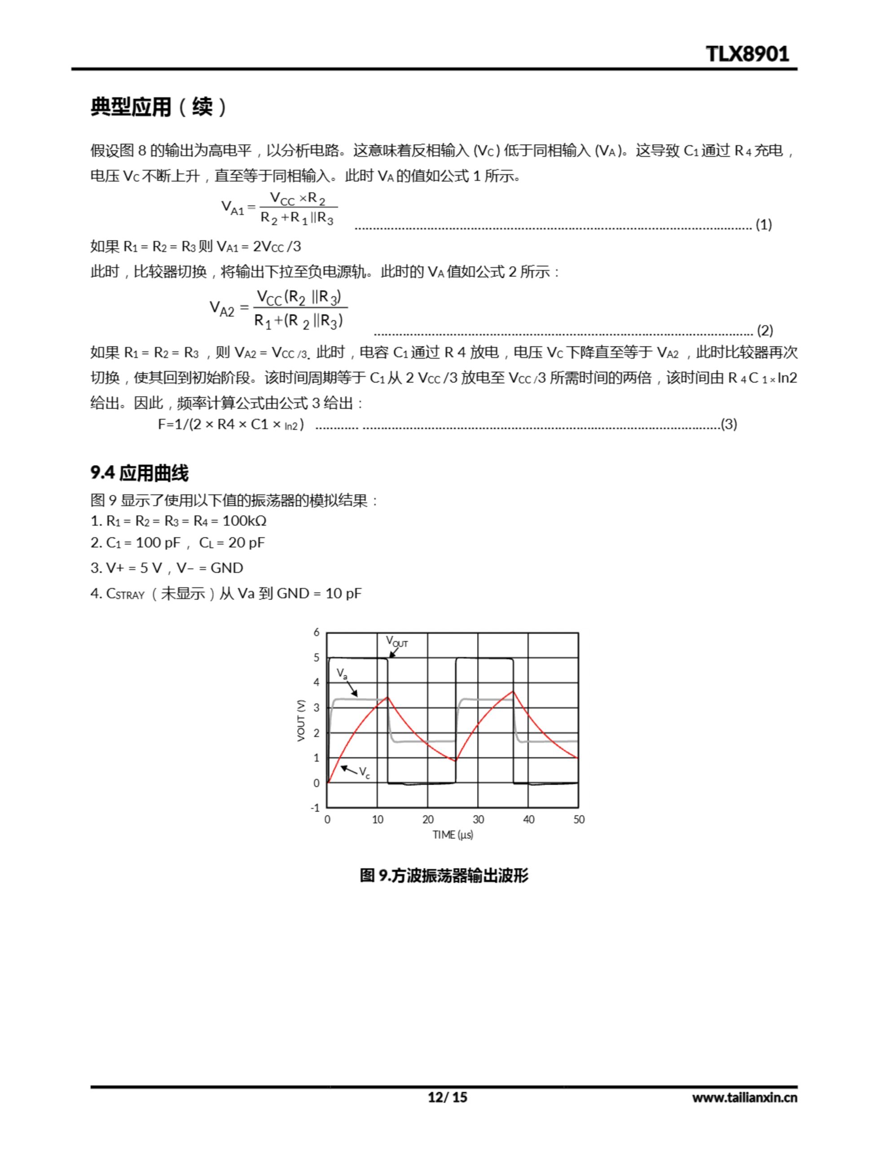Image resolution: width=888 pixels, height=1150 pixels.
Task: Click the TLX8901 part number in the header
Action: [747, 54]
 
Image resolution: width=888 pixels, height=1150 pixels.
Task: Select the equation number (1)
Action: [763, 225]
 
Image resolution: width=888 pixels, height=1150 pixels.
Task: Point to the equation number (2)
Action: [764, 331]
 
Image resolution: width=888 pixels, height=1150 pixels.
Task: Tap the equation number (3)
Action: [729, 425]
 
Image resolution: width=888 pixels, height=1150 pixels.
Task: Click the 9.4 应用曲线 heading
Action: [140, 473]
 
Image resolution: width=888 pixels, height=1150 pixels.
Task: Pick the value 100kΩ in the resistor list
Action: [244, 521]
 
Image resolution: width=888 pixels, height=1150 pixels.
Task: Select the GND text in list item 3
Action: [227, 568]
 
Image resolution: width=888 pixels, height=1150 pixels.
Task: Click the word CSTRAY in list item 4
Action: [125, 594]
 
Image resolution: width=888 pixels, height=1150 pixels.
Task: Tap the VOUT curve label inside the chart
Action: [396, 641]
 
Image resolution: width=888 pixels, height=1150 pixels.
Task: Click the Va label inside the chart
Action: [342, 673]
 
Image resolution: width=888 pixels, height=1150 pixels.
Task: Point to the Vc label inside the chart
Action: [364, 773]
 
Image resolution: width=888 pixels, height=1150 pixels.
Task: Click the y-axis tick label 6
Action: [317, 632]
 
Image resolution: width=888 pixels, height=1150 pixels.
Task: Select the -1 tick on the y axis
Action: [315, 808]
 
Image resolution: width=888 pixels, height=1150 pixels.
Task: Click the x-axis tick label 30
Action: [478, 820]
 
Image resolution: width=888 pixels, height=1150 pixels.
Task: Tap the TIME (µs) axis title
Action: [453, 835]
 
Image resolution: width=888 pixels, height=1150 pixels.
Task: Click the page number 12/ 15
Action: [447, 1097]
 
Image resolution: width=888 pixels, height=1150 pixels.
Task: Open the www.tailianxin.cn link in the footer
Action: [744, 1097]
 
